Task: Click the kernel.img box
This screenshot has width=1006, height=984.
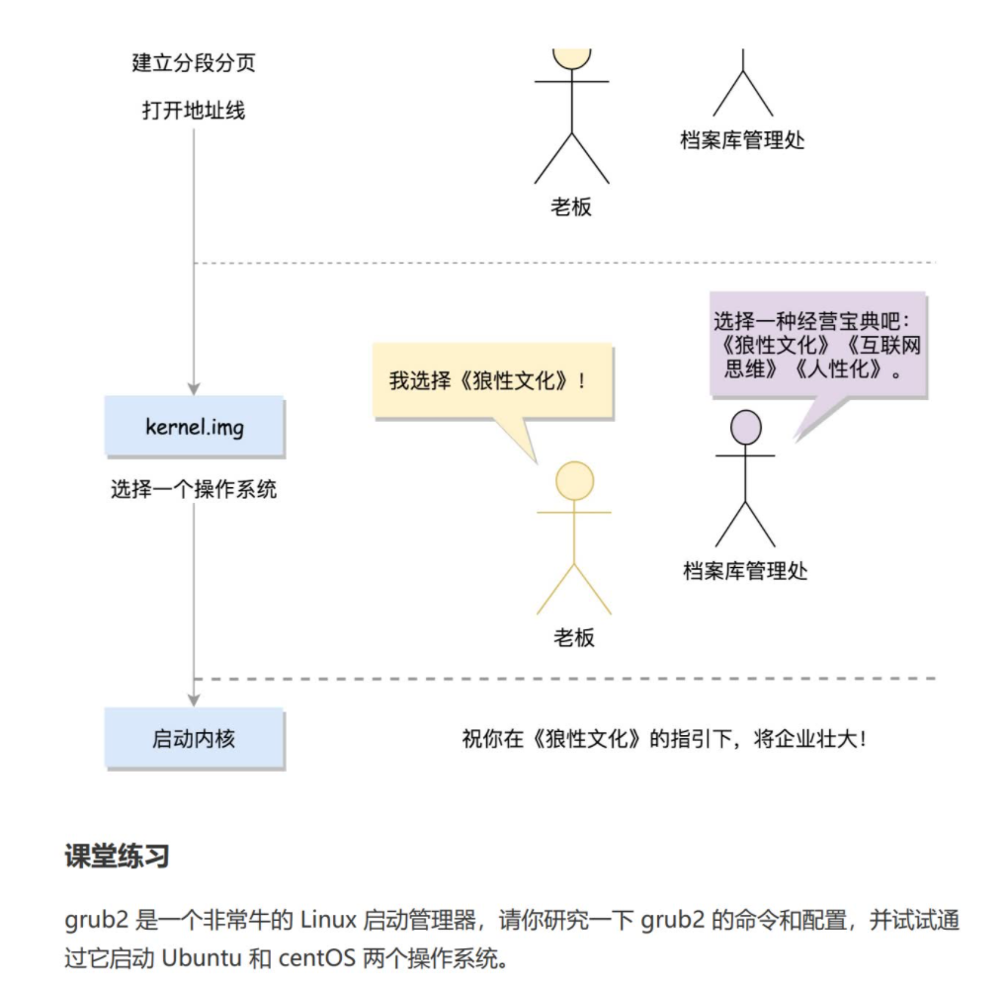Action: tap(194, 426)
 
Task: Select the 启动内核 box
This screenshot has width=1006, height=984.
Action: tap(194, 737)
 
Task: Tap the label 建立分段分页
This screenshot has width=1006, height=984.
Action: tap(194, 63)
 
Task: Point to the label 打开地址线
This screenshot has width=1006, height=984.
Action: tap(194, 110)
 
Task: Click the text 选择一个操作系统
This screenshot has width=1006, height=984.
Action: tap(194, 488)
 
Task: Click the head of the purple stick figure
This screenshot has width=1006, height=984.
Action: tap(745, 428)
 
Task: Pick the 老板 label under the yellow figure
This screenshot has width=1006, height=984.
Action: tap(573, 637)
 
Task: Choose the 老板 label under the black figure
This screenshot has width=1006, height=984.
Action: tap(571, 207)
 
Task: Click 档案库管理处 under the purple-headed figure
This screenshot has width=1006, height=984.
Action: tap(745, 570)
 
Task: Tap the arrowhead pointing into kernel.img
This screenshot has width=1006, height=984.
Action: tap(194, 387)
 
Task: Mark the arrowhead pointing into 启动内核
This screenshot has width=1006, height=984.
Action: tap(194, 698)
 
